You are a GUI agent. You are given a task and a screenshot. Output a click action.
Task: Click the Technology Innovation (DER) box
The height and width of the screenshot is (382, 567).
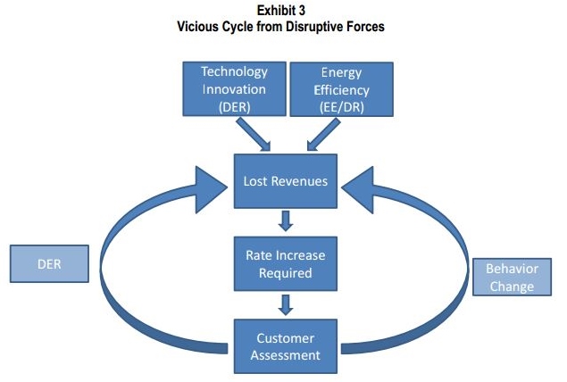pos(234,89)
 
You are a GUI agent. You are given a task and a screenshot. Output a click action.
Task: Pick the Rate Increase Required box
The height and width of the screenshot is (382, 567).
pos(285,264)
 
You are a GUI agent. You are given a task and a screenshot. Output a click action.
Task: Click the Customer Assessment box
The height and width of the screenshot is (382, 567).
pos(285,346)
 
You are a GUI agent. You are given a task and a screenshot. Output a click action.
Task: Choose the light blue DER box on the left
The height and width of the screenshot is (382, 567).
pos(49,265)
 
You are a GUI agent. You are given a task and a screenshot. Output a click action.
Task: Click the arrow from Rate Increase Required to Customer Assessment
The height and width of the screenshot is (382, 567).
pos(285,305)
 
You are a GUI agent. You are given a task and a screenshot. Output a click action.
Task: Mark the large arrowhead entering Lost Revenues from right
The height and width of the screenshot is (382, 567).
pos(361,182)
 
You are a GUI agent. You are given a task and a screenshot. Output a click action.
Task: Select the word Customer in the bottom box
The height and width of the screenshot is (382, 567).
pos(285,338)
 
